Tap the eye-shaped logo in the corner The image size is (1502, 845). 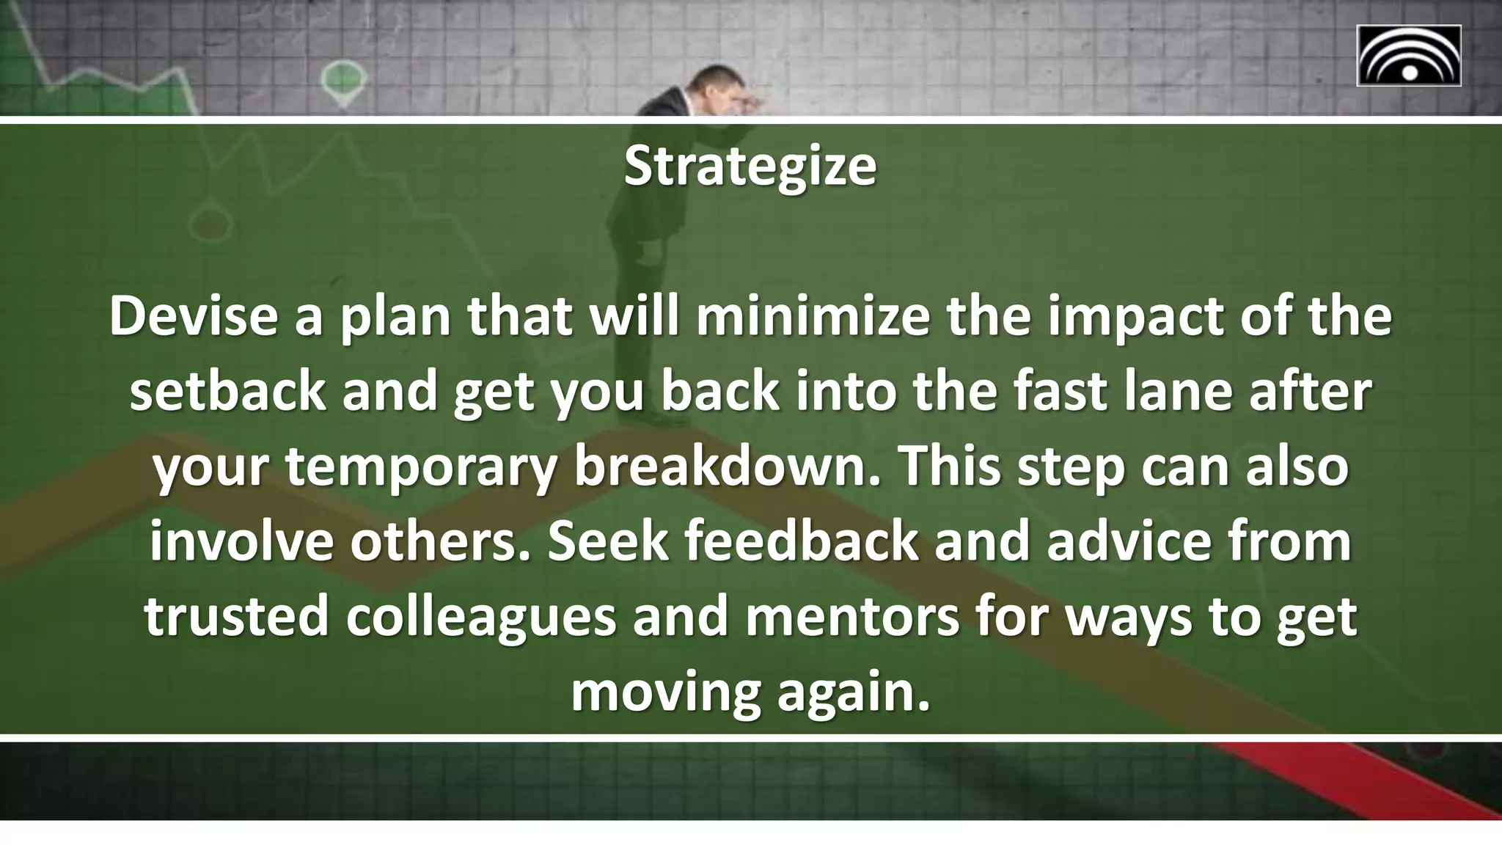(x=1408, y=56)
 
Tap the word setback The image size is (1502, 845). (x=227, y=392)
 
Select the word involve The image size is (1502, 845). (x=241, y=542)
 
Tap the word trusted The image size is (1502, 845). (x=236, y=618)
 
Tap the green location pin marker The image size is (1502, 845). (x=342, y=79)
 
